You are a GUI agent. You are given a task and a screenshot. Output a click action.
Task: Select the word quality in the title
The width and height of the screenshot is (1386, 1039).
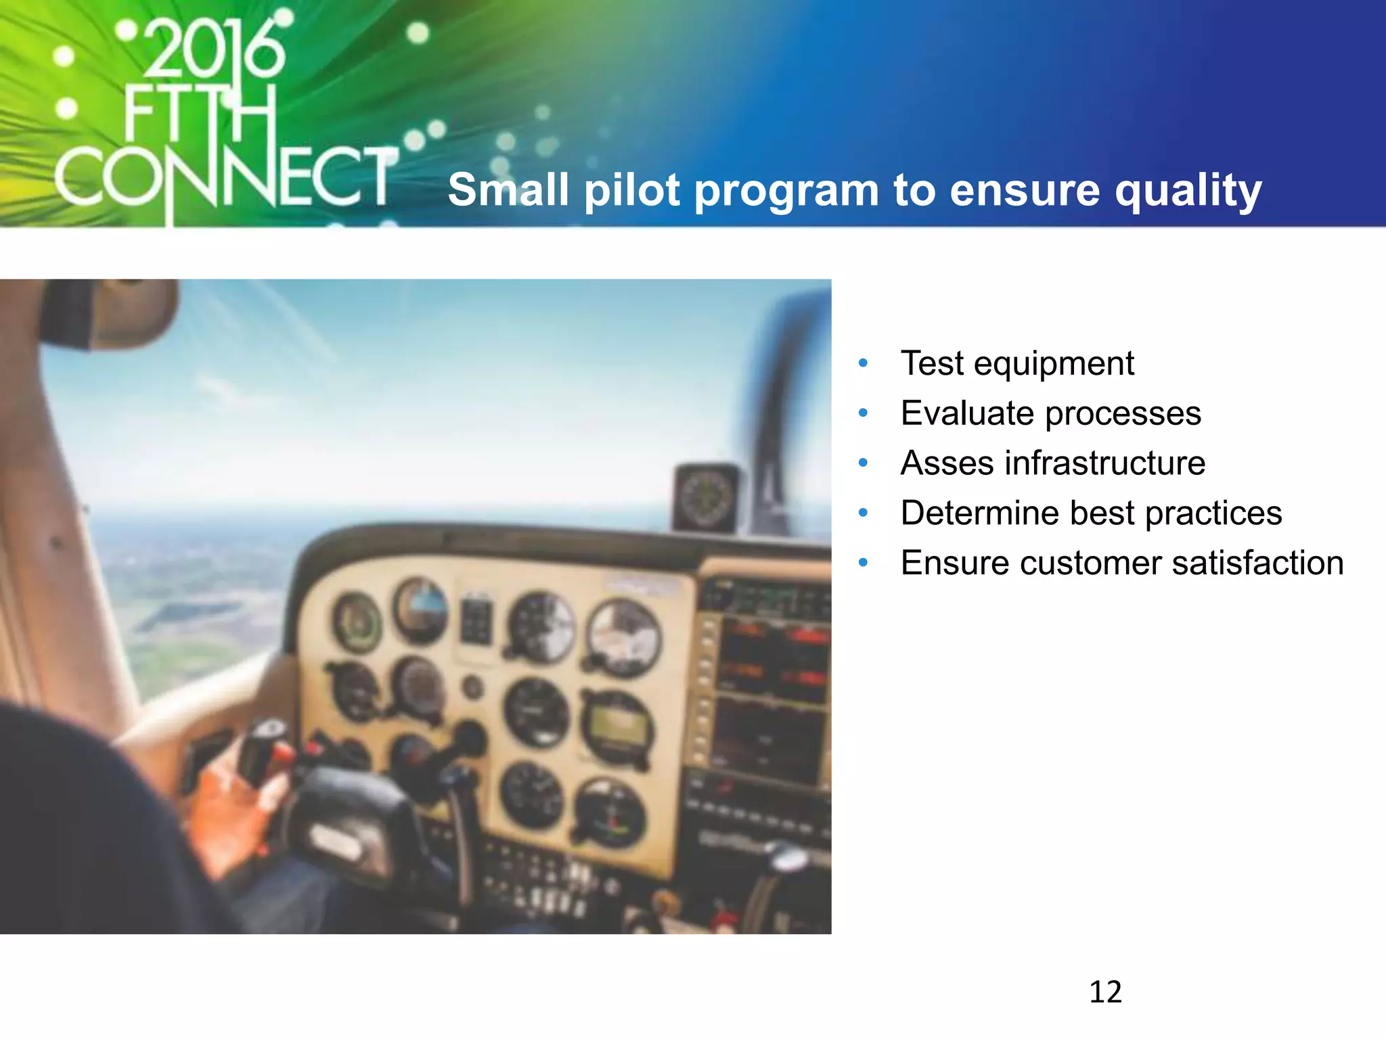(1188, 191)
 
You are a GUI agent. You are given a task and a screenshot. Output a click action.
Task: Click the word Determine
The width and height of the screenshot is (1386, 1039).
(979, 513)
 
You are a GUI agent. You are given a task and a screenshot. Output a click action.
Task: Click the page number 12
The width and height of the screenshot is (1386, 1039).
(1105, 992)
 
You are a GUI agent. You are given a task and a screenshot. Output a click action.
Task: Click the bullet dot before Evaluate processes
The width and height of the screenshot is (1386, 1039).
(863, 413)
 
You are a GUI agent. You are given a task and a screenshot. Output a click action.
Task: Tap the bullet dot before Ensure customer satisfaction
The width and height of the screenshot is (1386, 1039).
(863, 563)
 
